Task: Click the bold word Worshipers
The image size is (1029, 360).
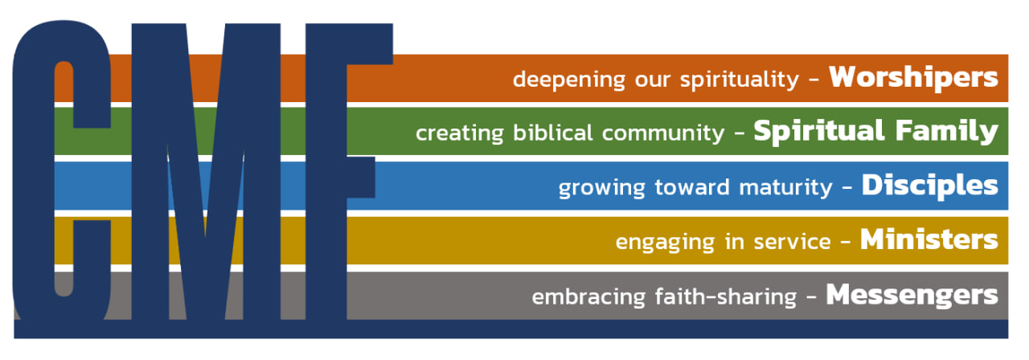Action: point(913,77)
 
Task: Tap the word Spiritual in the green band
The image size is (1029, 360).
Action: point(819,131)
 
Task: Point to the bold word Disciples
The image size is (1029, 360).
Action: point(930,186)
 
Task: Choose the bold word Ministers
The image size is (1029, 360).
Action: point(929,239)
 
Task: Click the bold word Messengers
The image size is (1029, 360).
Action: point(912,295)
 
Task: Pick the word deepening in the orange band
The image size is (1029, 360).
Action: point(569,80)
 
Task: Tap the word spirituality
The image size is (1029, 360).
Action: point(740,80)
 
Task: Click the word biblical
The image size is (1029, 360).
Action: point(552,133)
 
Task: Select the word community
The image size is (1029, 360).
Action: point(663,134)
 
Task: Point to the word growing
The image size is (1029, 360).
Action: point(602,188)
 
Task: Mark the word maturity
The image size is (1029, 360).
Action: point(785,188)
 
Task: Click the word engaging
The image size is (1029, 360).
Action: point(665,243)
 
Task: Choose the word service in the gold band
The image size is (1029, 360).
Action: point(792,242)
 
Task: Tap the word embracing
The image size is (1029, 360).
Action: point(589,297)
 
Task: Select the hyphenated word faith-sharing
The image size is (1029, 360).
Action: point(726,297)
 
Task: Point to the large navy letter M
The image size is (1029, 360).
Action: point(206,171)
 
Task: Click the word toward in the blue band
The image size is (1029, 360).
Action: point(692,187)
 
